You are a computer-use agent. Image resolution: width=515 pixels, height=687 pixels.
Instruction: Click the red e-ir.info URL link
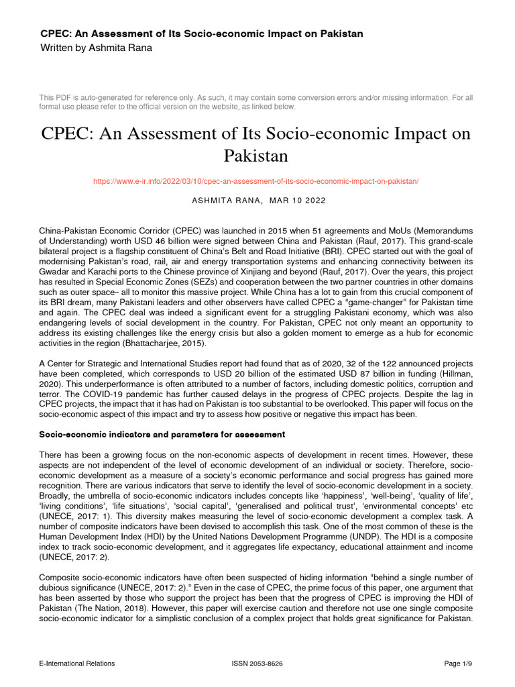pos(257,181)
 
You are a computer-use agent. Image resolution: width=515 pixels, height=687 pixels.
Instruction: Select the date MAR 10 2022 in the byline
pos(296,200)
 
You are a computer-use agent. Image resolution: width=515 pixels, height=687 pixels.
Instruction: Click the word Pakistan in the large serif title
pos(257,156)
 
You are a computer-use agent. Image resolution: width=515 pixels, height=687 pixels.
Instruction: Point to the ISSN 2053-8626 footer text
pos(257,664)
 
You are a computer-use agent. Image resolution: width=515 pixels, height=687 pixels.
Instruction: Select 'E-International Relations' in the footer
pos(77,664)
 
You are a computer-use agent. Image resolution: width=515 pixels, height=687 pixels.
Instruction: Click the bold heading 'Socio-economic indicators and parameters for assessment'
pos(162,435)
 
